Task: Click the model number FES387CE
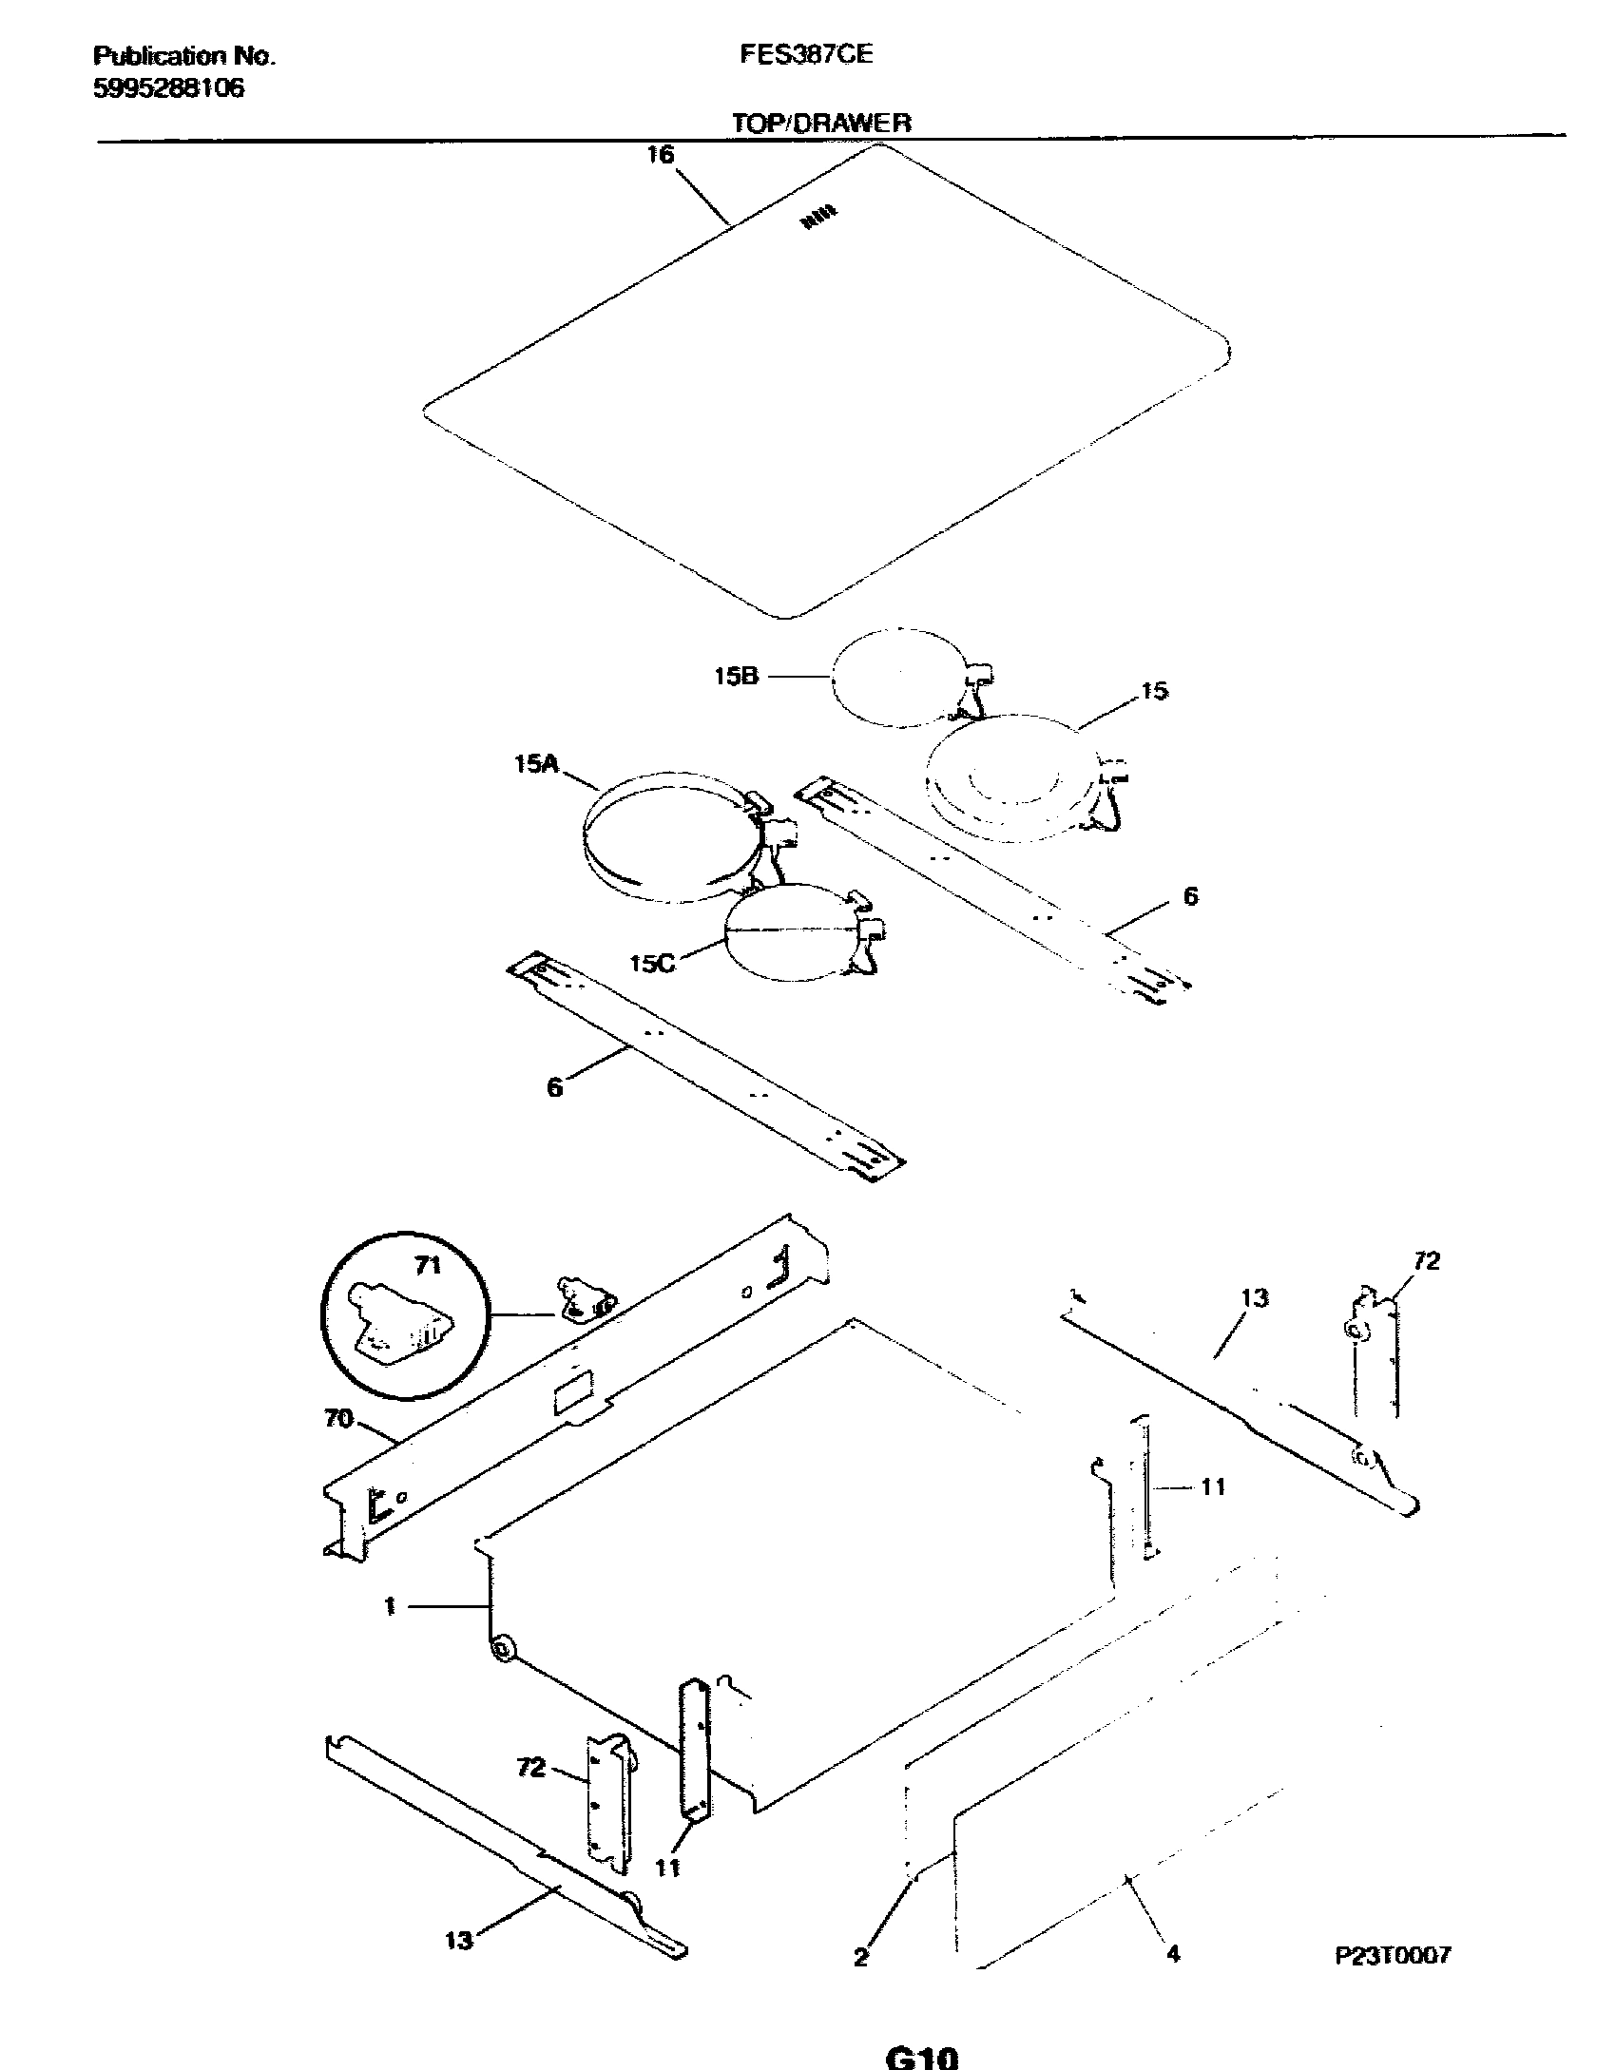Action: tap(805, 55)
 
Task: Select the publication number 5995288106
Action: tap(168, 88)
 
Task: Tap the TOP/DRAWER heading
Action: tap(821, 123)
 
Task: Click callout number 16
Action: tap(660, 155)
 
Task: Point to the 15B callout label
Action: tap(736, 678)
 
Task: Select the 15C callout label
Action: tap(652, 964)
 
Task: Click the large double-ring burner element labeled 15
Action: tap(1008, 780)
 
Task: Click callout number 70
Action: tap(338, 1419)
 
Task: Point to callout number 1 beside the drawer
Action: tap(390, 1606)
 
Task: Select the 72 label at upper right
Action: tap(1426, 1260)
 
